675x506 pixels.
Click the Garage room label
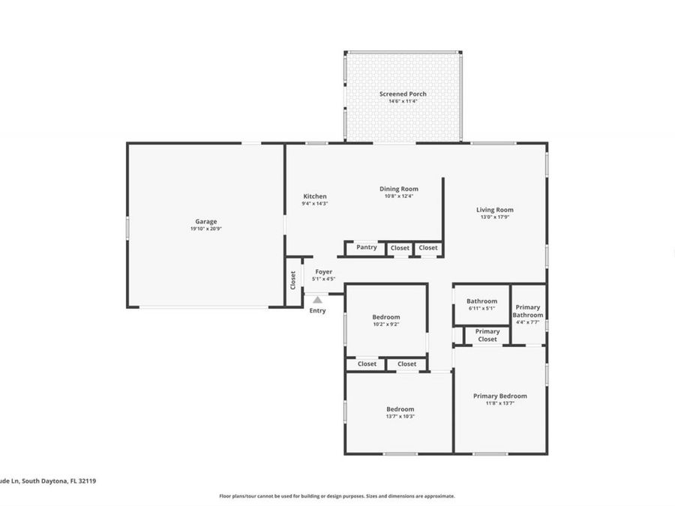click(206, 221)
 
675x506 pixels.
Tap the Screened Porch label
click(403, 94)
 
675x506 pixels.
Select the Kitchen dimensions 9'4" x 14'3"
click(315, 203)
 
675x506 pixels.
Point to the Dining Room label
click(399, 189)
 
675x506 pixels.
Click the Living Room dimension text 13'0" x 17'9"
click(495, 217)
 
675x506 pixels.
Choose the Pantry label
click(367, 247)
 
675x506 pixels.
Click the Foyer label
click(323, 271)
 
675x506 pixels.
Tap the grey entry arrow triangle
click(318, 299)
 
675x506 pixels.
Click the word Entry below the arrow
click(318, 310)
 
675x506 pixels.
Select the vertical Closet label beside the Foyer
click(293, 280)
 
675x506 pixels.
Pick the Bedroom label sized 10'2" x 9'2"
click(386, 317)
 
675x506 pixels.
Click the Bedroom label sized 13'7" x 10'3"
click(400, 409)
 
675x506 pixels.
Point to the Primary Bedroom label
click(499, 396)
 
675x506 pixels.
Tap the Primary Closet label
click(487, 335)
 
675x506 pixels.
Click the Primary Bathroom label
click(528, 311)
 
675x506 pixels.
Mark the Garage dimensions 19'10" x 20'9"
click(206, 229)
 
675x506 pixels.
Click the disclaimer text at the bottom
click(337, 496)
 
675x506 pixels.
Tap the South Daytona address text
click(48, 481)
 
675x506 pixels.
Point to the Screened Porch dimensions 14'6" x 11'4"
click(403, 101)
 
